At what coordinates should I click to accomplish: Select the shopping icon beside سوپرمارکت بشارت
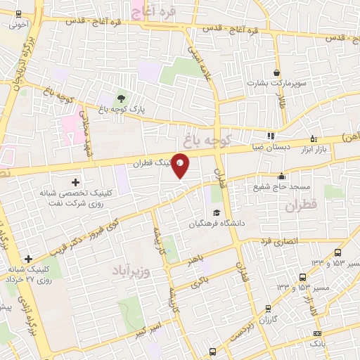click(277, 72)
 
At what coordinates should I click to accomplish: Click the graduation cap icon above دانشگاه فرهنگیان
click(217, 213)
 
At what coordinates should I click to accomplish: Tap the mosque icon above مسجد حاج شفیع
click(282, 176)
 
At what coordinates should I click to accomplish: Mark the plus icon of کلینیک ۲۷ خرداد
click(27, 259)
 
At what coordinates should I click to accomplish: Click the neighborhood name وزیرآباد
click(129, 269)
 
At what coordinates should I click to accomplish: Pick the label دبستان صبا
click(271, 148)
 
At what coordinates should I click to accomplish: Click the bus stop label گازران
click(269, 320)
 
